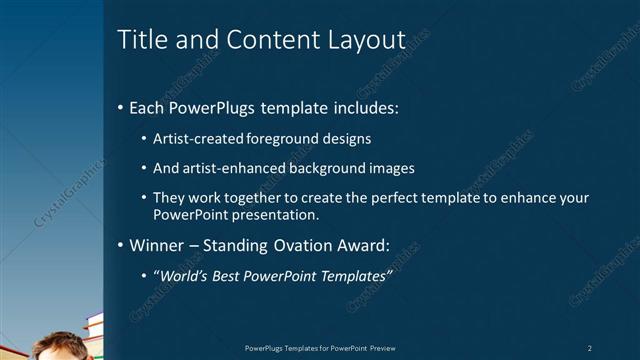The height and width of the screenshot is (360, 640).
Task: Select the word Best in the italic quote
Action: click(x=233, y=275)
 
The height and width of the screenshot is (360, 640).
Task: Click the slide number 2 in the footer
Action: click(x=589, y=347)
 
